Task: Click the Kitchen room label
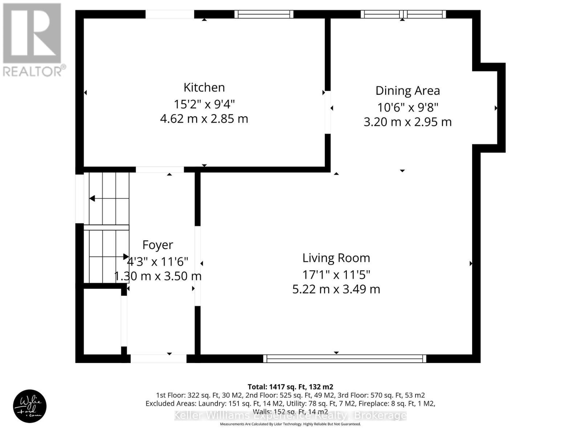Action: pyautogui.click(x=204, y=87)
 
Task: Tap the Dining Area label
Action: pyautogui.click(x=407, y=90)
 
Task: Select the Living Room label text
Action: pyautogui.click(x=336, y=258)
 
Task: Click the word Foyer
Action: pyautogui.click(x=158, y=245)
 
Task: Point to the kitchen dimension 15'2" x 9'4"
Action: pyautogui.click(x=204, y=104)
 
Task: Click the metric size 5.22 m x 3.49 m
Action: pyautogui.click(x=336, y=289)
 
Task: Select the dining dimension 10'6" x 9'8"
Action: pyautogui.click(x=407, y=108)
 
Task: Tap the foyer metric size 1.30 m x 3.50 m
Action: pyautogui.click(x=158, y=276)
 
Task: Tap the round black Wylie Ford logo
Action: pyautogui.click(x=30, y=406)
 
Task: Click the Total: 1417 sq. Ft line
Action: pyautogui.click(x=290, y=387)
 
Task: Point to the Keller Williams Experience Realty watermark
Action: pyautogui.click(x=290, y=415)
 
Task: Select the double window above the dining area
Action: pyautogui.click(x=403, y=14)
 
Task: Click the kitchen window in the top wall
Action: pyautogui.click(x=264, y=14)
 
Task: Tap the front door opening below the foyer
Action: pyautogui.click(x=158, y=359)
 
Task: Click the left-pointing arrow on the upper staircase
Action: pyautogui.click(x=92, y=198)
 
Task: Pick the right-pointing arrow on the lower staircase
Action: pyautogui.click(x=126, y=257)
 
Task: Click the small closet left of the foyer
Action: pyautogui.click(x=102, y=321)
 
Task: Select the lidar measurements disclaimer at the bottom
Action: pyautogui.click(x=290, y=424)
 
